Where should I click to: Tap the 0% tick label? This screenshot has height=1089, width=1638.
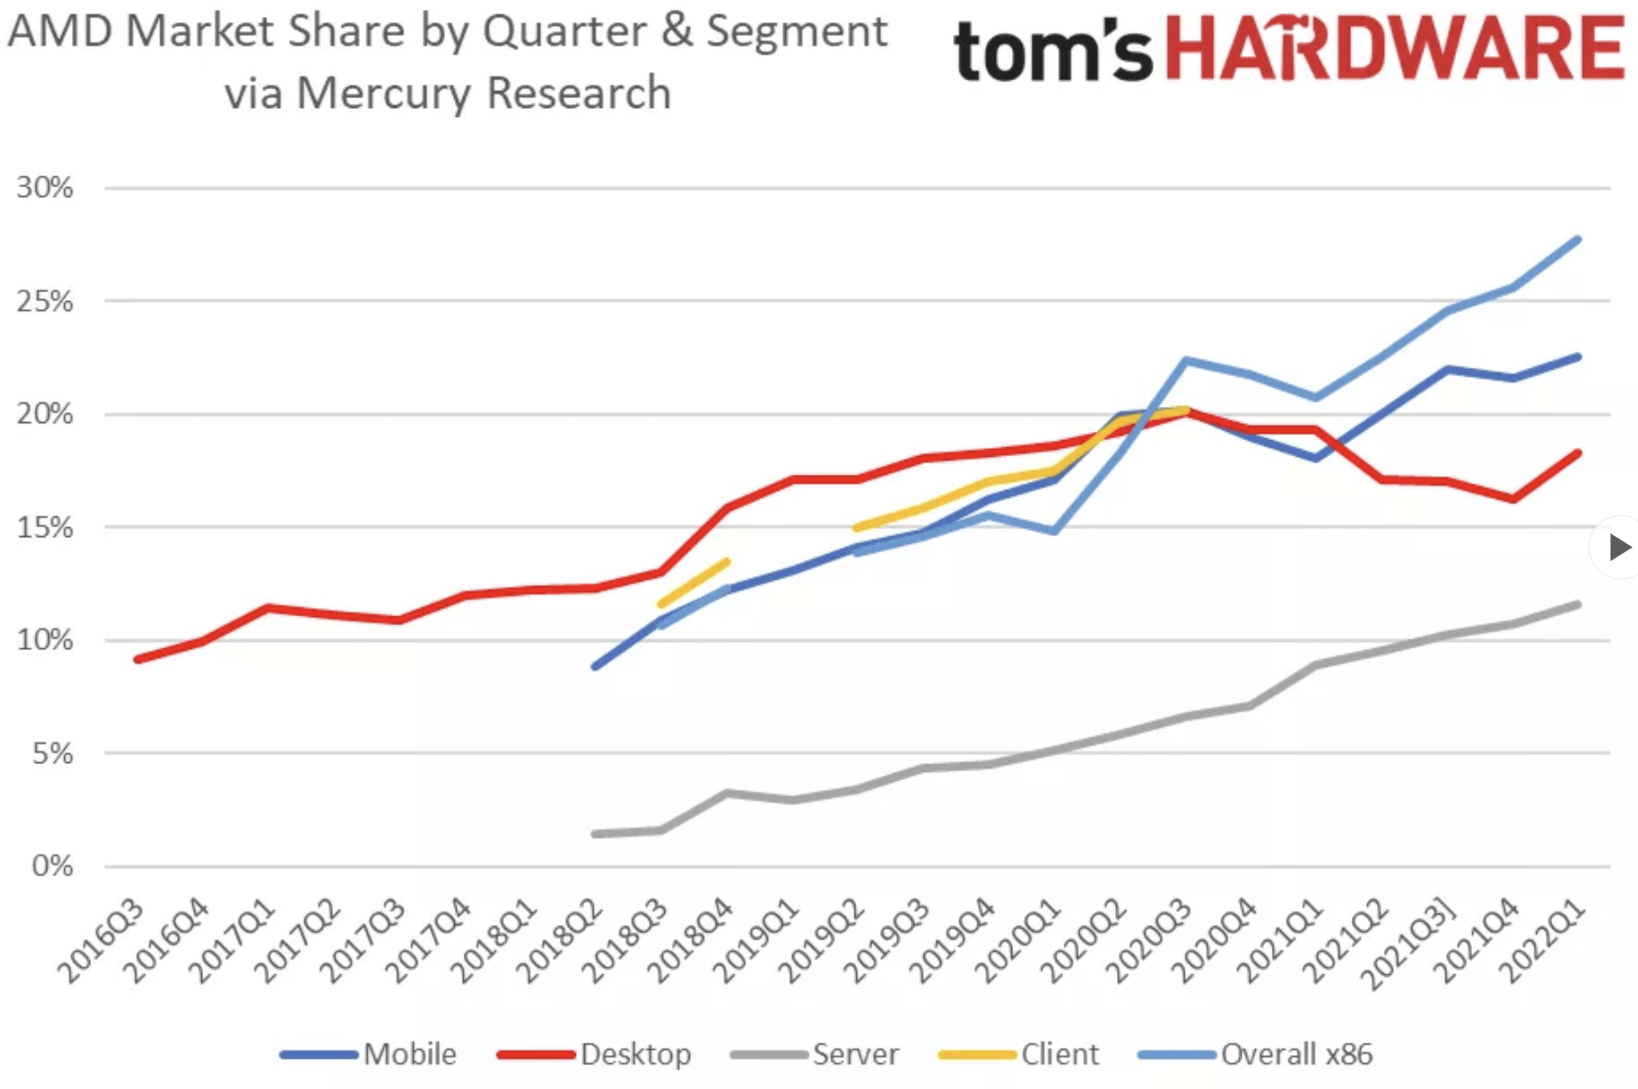coord(53,866)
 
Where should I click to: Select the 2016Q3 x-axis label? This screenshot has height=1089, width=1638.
coord(102,941)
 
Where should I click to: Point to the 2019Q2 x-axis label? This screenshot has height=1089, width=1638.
coord(822,941)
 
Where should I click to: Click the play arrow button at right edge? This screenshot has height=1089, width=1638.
coord(1619,547)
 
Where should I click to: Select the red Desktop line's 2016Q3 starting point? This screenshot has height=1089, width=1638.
coord(138,659)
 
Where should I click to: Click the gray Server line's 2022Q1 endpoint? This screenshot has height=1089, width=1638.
coord(1579,605)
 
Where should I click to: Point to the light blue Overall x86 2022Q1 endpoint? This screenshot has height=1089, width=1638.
coord(1579,240)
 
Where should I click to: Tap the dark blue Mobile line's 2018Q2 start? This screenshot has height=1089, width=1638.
coord(594,666)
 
